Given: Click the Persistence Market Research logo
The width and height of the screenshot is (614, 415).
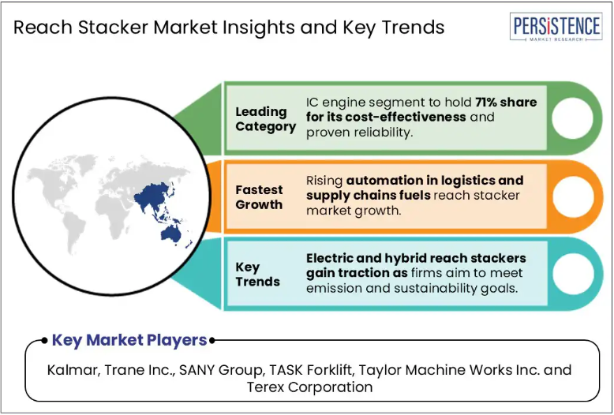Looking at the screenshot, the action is [556, 27].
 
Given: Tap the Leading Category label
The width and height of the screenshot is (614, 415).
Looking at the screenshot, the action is [265, 119].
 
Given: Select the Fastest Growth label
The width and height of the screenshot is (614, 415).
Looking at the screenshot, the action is [259, 197].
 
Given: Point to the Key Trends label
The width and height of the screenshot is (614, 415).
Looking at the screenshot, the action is [257, 274].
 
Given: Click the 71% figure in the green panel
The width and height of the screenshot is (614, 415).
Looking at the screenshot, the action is [486, 103].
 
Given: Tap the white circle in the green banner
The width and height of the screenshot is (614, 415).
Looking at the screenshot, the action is [572, 118].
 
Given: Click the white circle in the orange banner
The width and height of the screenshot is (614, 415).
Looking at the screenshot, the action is [573, 196].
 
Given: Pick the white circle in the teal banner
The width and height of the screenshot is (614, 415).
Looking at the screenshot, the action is [573, 273].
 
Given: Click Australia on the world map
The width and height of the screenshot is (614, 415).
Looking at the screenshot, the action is [171, 234].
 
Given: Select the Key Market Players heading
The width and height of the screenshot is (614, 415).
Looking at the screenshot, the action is [129, 340].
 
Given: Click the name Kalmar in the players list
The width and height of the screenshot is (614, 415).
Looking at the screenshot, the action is [73, 370].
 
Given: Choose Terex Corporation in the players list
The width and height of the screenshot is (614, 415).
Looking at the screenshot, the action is [309, 387].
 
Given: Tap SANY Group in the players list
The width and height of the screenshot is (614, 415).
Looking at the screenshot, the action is [221, 370].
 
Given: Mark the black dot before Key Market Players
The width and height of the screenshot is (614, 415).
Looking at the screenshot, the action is [44, 341].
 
